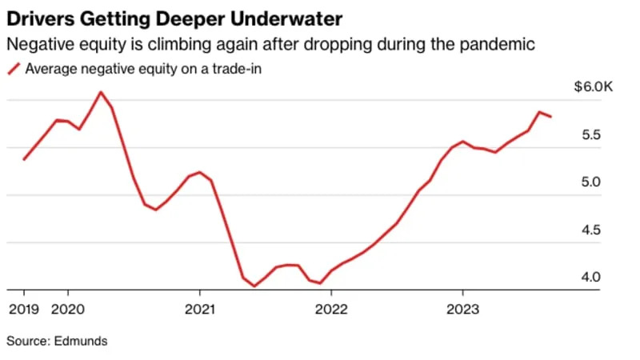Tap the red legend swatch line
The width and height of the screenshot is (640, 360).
coord(14,70)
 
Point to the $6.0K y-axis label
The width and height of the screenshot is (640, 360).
coord(593,88)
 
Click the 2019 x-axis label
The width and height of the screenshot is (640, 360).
coord(23,309)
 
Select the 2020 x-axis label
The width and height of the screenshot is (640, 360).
coord(66,309)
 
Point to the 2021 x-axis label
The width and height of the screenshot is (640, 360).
coord(198,309)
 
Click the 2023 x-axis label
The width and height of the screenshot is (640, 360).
coord(462,309)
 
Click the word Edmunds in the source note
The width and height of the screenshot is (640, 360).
coord(81,342)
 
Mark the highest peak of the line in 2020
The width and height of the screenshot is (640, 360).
coord(100,92)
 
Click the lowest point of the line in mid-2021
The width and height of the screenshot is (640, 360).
coord(254,286)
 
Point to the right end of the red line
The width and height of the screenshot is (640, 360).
coord(550,117)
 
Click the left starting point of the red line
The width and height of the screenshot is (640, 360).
coord(24,159)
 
